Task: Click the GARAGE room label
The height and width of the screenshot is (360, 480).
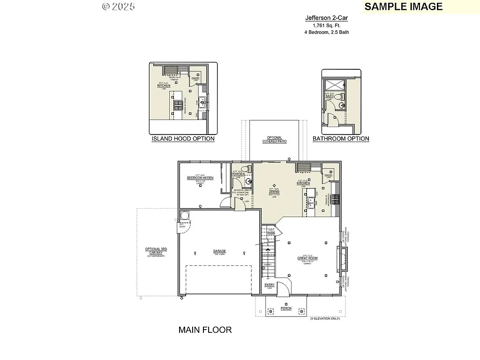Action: point(219,251)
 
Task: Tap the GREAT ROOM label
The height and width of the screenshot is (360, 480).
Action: point(307,258)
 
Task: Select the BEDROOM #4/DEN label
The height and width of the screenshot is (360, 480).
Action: point(200,178)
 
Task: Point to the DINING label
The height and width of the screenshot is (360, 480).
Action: point(274,192)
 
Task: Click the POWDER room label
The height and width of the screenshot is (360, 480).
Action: point(238,174)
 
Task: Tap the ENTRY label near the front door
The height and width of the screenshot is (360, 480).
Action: point(270,285)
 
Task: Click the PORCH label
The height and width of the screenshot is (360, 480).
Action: point(286,308)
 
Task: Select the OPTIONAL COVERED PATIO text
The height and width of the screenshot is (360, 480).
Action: point(274,140)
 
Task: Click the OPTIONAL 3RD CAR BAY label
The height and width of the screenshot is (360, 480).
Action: point(156,251)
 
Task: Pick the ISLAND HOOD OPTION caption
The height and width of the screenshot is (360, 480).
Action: point(183,139)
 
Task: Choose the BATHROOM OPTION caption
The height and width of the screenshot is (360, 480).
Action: point(341,139)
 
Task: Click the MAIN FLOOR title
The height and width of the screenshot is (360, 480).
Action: point(205,330)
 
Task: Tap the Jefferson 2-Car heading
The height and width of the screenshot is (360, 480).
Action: point(327,18)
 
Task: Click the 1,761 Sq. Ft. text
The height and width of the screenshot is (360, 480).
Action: point(327,25)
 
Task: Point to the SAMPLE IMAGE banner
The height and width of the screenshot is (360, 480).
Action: point(403,6)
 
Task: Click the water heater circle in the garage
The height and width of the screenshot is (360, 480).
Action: point(184,216)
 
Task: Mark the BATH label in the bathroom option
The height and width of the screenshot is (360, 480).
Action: point(336,96)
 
